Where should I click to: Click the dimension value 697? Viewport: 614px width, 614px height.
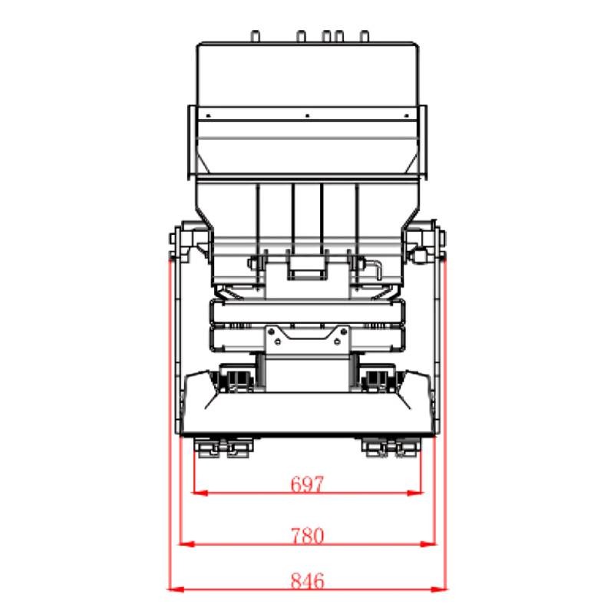tap(308, 484)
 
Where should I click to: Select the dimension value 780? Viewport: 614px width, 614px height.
tap(308, 536)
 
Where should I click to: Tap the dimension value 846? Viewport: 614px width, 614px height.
tap(308, 581)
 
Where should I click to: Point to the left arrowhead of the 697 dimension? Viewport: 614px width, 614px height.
tap(200, 493)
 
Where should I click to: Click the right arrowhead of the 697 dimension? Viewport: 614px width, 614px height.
tap(415, 493)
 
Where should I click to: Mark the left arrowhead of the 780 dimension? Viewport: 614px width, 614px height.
tap(187, 544)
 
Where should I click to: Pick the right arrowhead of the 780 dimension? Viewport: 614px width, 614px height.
tap(427, 544)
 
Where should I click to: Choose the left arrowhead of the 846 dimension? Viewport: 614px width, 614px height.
tap(177, 589)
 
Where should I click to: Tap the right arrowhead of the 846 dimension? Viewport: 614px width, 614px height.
tap(438, 589)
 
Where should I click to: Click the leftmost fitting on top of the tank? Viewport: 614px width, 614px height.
tap(255, 36)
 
